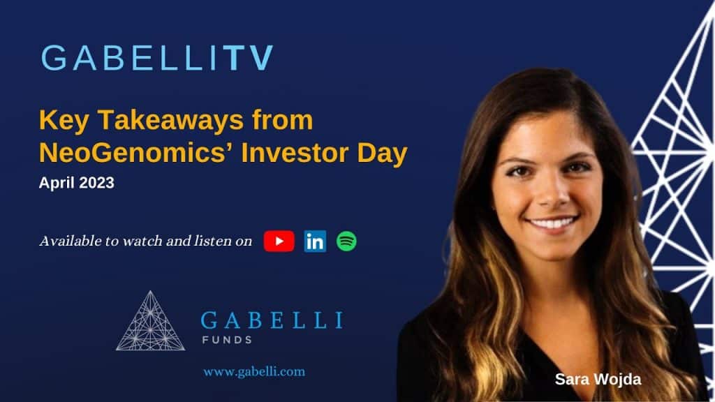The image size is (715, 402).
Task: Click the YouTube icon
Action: tap(279, 241)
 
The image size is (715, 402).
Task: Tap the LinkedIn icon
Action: tap(315, 241)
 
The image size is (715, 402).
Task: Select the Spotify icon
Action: tap(346, 241)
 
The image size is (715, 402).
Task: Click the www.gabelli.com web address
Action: tap(254, 371)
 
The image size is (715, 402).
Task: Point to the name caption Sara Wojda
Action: tap(598, 380)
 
